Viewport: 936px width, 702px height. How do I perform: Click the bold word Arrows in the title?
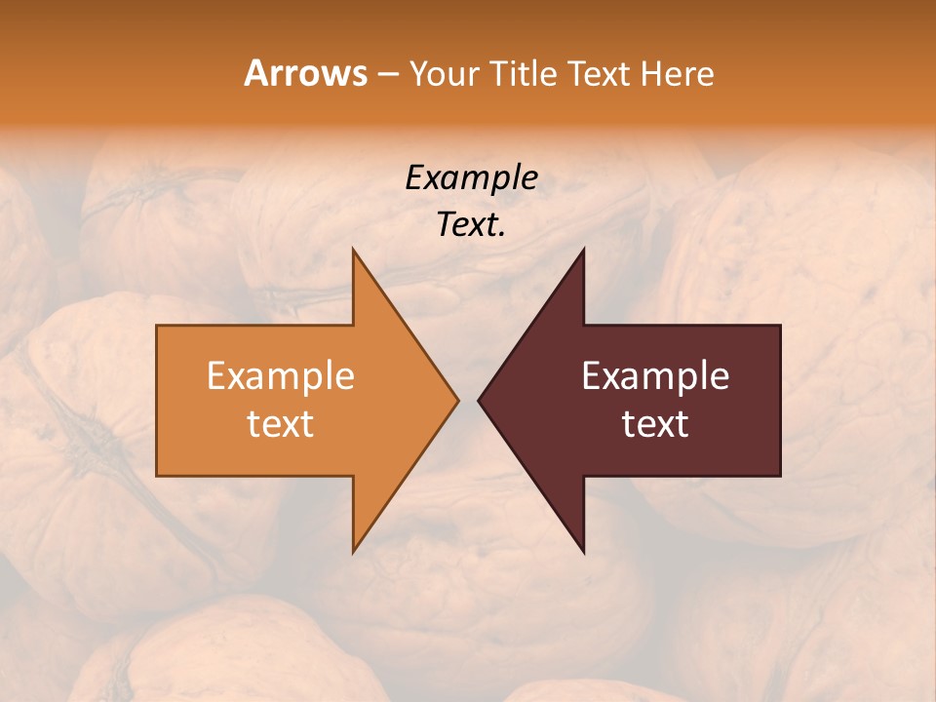click(305, 73)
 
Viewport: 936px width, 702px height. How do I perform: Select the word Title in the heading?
click(527, 73)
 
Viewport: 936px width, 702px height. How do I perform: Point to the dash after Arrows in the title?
click(387, 74)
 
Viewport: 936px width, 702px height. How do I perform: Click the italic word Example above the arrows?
click(471, 177)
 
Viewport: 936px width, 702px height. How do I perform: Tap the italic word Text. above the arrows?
click(471, 224)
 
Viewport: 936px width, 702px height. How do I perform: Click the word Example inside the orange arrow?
click(281, 376)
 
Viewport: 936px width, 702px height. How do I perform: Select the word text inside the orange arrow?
click(281, 424)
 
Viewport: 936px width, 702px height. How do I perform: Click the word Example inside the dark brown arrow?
click(655, 376)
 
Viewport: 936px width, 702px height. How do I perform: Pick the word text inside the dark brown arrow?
click(655, 424)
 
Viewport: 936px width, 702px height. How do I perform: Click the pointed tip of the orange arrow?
click(456, 400)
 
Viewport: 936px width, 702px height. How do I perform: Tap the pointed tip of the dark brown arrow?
click(481, 400)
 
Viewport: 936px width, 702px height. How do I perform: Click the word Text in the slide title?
click(598, 73)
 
